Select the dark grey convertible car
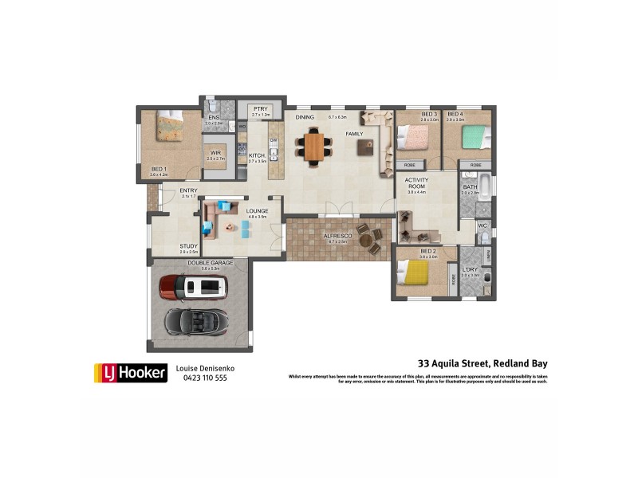click(x=195, y=321)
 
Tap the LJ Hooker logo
click(x=130, y=372)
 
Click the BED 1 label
click(x=159, y=169)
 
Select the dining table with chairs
click(x=314, y=147)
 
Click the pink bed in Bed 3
click(x=414, y=137)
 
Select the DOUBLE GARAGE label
click(x=203, y=263)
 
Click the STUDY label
click(x=188, y=246)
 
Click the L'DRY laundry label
click(x=470, y=270)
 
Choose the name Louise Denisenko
click(x=206, y=368)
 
